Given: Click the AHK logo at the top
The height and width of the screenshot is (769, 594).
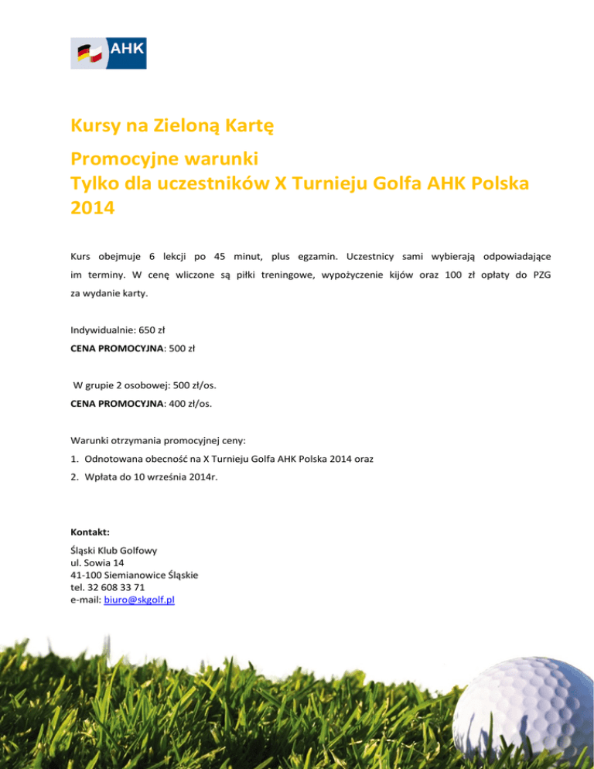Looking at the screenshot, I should pos(108,53).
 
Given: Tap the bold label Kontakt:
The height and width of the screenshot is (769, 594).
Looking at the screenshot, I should pos(90,532).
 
